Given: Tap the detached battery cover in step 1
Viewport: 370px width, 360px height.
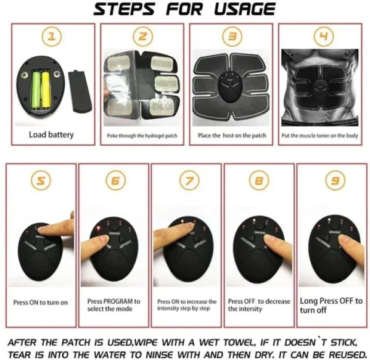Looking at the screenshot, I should coord(80,91).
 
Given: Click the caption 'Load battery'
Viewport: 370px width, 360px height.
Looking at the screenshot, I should coord(51,134).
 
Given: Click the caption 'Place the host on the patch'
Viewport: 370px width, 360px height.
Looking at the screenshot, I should coord(231,135).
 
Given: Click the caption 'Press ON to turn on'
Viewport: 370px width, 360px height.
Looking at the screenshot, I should coord(41,303).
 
